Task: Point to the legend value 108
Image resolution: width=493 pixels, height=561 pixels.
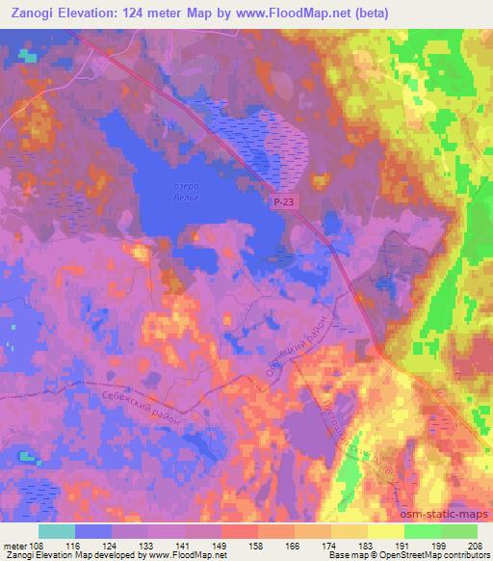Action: tap(38, 546)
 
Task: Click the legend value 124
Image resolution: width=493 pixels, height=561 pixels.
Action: tap(111, 546)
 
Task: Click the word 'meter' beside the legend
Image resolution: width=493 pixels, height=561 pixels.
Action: tap(14, 546)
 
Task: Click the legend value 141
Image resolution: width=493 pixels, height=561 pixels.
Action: tap(184, 546)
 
